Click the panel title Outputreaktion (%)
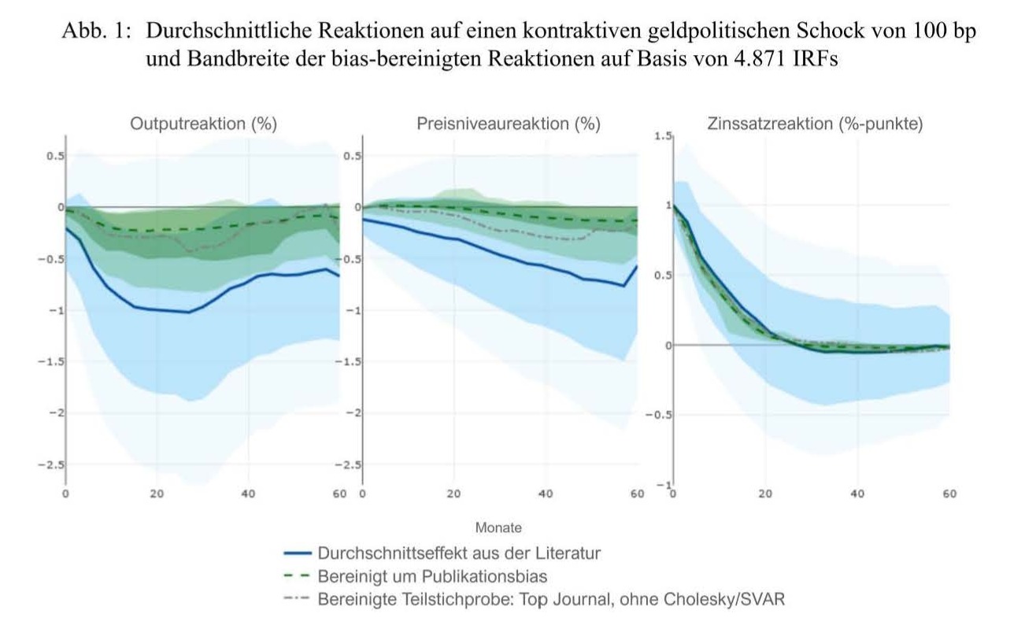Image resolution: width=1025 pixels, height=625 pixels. [x=203, y=124]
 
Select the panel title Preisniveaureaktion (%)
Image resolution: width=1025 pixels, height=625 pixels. [x=508, y=124]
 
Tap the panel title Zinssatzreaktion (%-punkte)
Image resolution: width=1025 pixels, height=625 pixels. [x=815, y=124]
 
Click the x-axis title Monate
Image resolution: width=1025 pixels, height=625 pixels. [x=498, y=527]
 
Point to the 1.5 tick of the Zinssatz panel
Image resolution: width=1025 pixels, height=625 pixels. [x=664, y=138]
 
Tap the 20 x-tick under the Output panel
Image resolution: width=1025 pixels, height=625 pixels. [x=156, y=494]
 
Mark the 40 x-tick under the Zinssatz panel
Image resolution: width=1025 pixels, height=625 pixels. [x=857, y=494]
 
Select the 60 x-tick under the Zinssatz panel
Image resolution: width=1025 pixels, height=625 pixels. [x=949, y=494]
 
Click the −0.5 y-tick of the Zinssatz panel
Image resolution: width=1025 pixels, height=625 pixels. [x=658, y=415]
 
